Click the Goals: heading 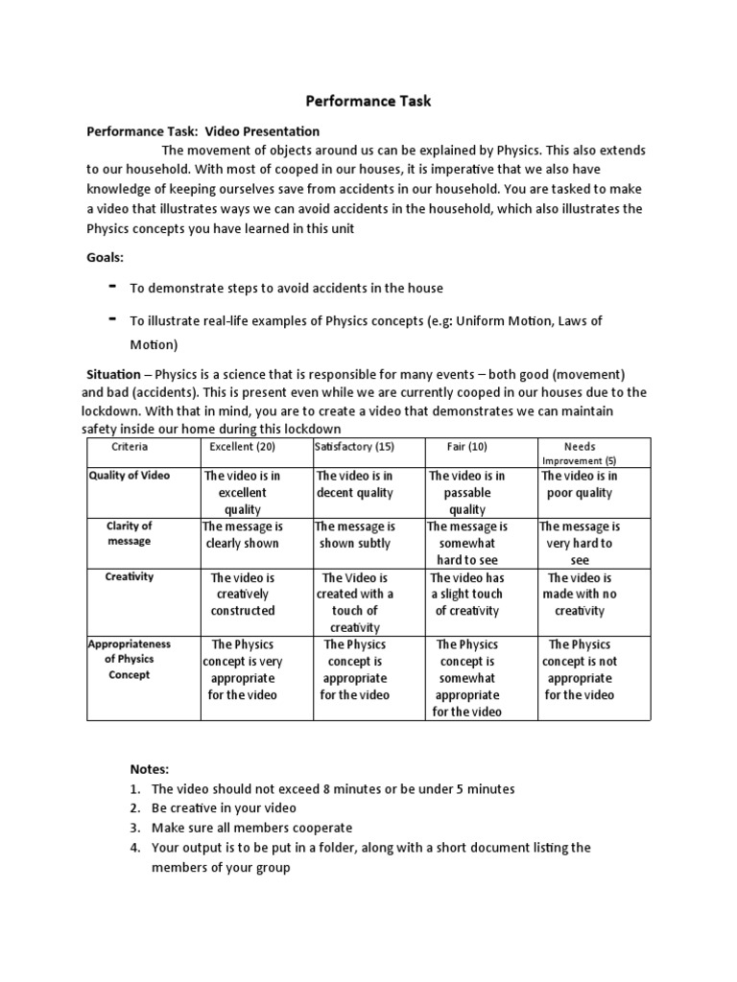coord(107,257)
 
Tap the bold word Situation coord(114,375)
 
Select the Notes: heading coord(150,769)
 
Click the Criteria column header coord(130,447)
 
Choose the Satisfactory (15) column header coord(354,447)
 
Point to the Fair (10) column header coord(467,447)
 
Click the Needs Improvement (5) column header coord(579,453)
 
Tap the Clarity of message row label coord(130,533)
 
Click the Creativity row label coord(130,577)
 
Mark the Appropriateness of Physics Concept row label coord(130,660)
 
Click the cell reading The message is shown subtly coord(354,535)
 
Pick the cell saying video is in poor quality coord(579,484)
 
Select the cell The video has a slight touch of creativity coord(467,595)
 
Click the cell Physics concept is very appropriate coord(242,669)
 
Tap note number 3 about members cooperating coord(251,828)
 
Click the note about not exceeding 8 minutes coord(332,789)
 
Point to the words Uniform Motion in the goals coord(499,321)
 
